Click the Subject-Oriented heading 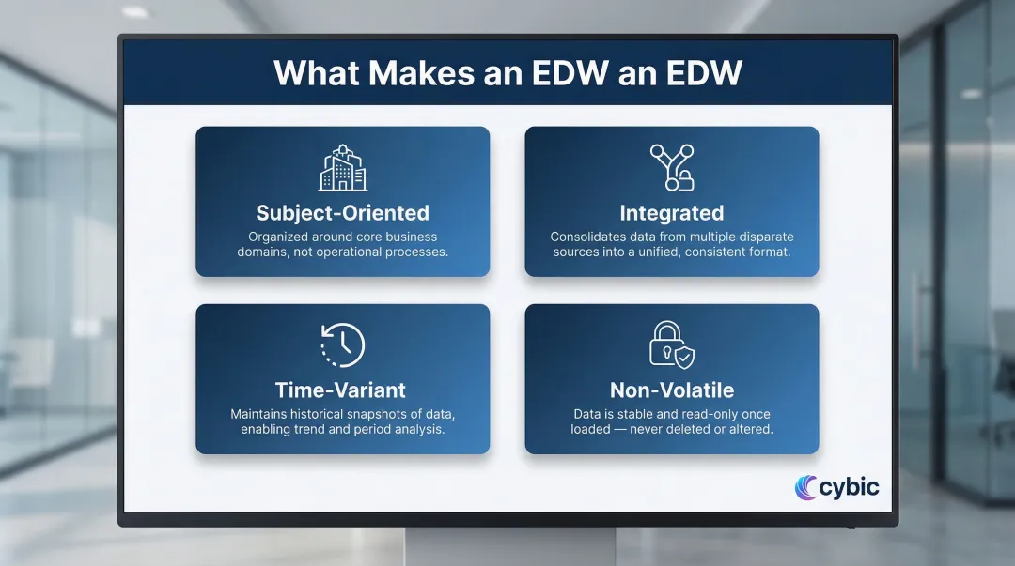click(x=342, y=213)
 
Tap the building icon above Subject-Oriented click(x=342, y=168)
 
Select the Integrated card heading click(x=671, y=213)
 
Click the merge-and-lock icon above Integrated click(x=672, y=168)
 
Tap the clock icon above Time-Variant click(x=342, y=345)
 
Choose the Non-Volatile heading click(x=671, y=390)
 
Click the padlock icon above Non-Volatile click(x=671, y=344)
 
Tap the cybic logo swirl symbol click(x=805, y=487)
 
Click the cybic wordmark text click(x=849, y=487)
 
